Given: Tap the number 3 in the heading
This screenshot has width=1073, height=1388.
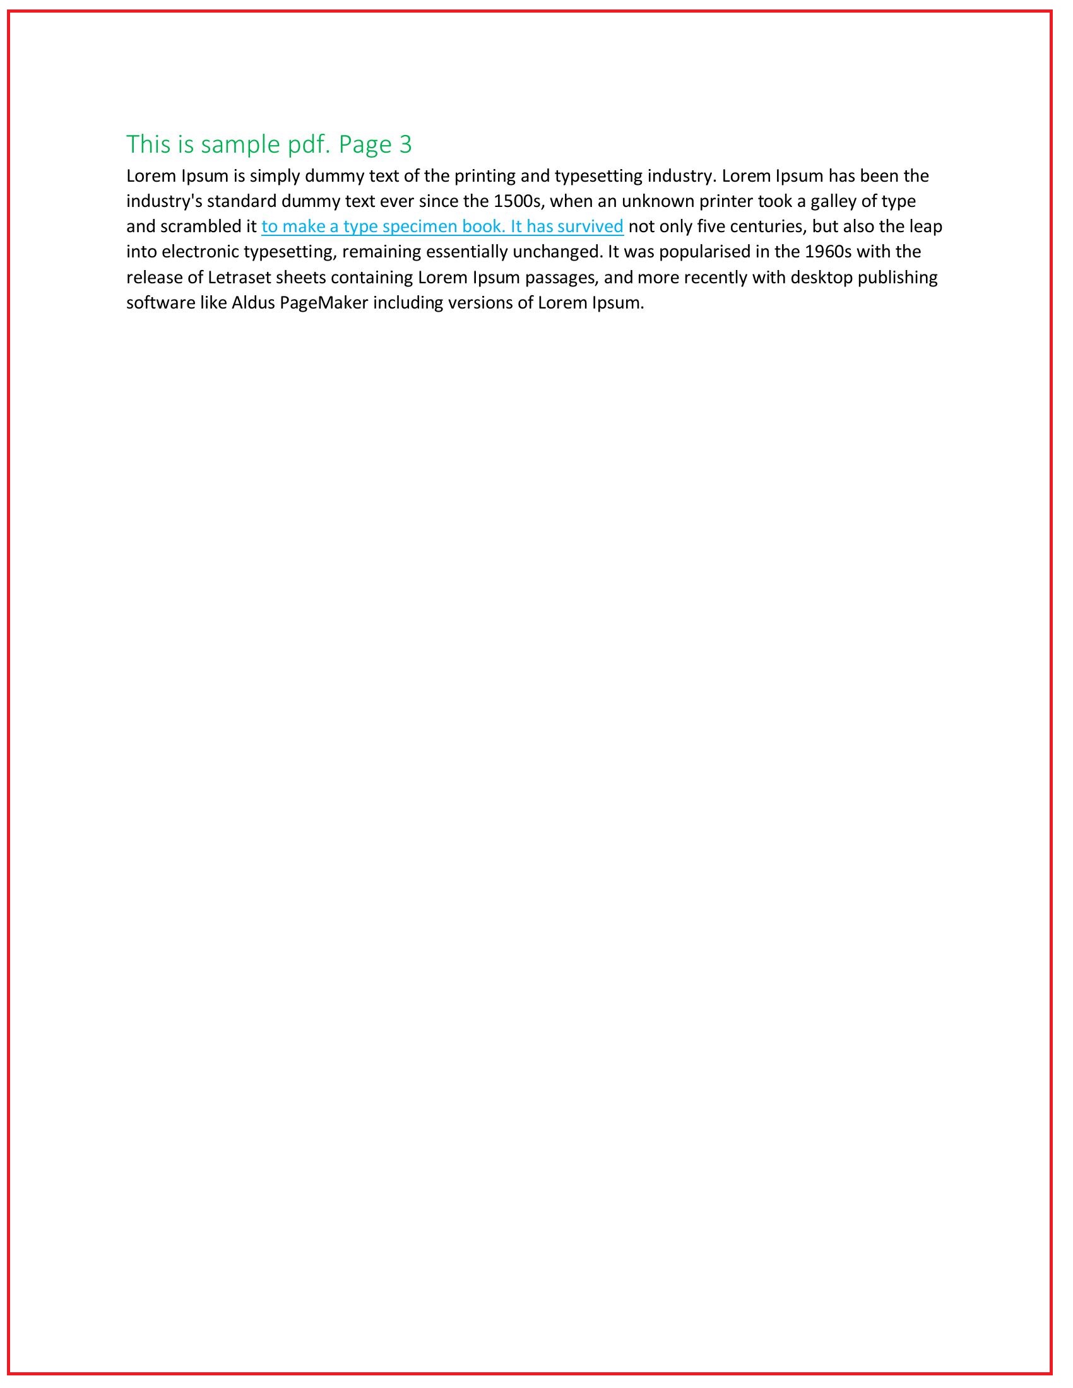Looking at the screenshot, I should tap(406, 145).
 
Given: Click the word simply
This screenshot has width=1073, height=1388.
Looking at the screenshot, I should tap(275, 176).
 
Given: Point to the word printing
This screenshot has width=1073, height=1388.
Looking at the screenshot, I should tap(485, 176).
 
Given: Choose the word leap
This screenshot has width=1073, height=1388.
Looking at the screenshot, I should tap(925, 227).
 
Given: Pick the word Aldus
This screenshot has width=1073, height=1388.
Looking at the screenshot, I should tap(253, 303).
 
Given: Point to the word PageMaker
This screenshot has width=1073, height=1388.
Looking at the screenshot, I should tap(324, 303).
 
